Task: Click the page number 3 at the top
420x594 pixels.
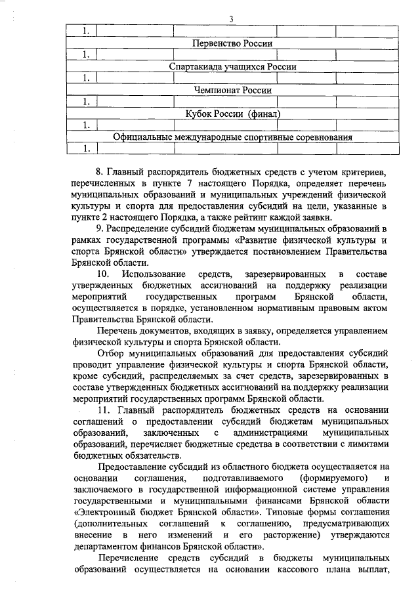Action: pos(232,18)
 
